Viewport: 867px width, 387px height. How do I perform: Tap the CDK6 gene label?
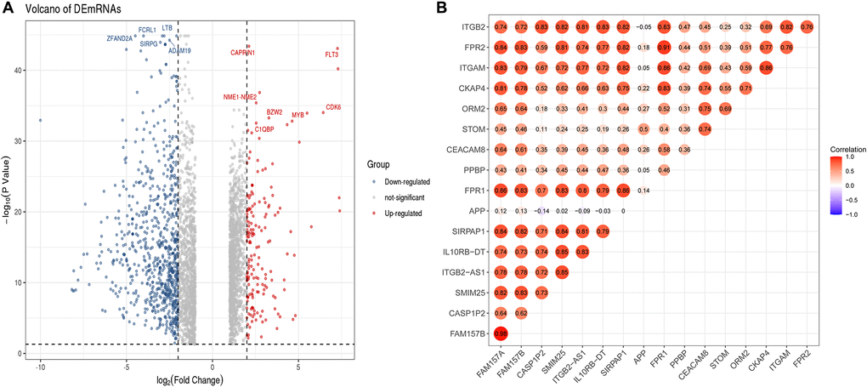(333, 107)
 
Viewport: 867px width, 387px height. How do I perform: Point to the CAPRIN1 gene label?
(242, 53)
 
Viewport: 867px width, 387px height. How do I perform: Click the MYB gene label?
(297, 115)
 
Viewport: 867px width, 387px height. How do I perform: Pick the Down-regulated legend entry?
(407, 181)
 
